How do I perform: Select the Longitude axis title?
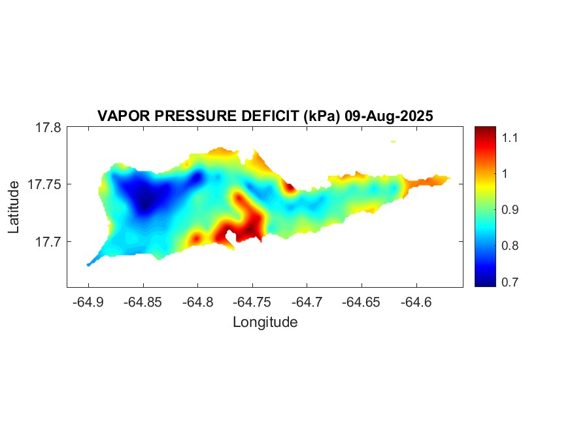(x=265, y=322)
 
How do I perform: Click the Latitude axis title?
(x=14, y=207)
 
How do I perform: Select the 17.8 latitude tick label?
(x=48, y=128)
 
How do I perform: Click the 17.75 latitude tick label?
(x=44, y=184)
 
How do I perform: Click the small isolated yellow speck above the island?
(x=393, y=141)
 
